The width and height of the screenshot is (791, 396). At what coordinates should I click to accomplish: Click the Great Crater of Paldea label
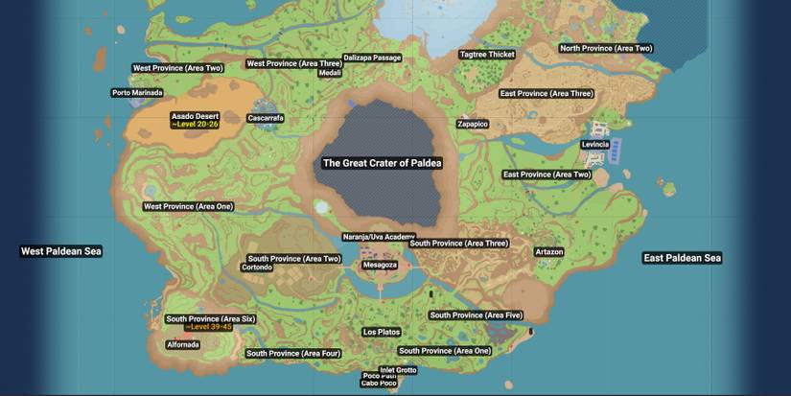coord(382,163)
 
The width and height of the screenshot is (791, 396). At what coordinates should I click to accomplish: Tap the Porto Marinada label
coord(137,93)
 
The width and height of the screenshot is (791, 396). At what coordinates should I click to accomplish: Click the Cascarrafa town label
coord(266,118)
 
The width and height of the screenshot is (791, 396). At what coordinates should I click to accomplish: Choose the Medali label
coord(330,73)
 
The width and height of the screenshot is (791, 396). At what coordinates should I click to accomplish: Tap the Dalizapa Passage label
coord(372,58)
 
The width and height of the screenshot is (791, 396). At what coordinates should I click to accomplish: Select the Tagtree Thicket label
coord(487,55)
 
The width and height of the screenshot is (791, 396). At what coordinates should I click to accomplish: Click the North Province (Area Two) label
coord(606,48)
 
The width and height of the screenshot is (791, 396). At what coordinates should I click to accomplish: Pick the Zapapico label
coord(473,124)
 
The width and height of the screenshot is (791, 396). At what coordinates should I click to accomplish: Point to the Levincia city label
coord(594,144)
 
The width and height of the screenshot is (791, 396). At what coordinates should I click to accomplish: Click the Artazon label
coord(549,251)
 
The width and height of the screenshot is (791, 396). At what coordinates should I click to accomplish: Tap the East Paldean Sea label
coord(682,258)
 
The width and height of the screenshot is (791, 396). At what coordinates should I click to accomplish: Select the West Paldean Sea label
coord(61,251)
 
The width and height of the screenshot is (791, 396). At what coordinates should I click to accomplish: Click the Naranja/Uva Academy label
coord(379,237)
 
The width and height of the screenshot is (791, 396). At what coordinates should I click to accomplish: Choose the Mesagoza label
coord(380,265)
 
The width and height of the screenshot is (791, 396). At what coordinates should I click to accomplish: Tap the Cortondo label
coord(257,268)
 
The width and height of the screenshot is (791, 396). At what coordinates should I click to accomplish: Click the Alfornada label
coord(183,344)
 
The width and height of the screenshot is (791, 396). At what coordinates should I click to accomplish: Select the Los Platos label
coord(382,332)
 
